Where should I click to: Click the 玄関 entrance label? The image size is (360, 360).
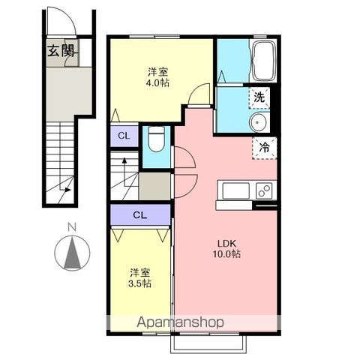click(x=61, y=51)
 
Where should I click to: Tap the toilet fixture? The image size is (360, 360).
click(x=157, y=139)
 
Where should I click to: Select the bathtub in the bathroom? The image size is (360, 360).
click(x=264, y=61)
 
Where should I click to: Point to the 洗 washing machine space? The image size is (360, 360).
click(x=259, y=97)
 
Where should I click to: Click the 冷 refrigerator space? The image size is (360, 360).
click(x=264, y=148)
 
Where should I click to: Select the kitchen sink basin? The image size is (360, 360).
click(x=235, y=191)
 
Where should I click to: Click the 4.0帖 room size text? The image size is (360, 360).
click(x=157, y=82)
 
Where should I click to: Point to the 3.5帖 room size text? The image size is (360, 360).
click(x=139, y=283)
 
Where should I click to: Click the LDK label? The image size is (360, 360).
click(x=226, y=243)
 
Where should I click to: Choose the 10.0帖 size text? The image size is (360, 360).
click(x=226, y=254)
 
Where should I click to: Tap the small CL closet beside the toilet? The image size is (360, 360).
click(x=124, y=136)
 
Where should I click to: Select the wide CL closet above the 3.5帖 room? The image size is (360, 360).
click(x=140, y=214)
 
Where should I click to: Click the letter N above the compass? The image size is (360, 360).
click(x=72, y=227)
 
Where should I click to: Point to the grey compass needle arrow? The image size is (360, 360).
click(x=72, y=253)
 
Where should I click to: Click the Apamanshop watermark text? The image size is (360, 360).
click(x=180, y=322)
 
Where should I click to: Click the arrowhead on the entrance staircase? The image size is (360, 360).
click(x=67, y=190)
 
